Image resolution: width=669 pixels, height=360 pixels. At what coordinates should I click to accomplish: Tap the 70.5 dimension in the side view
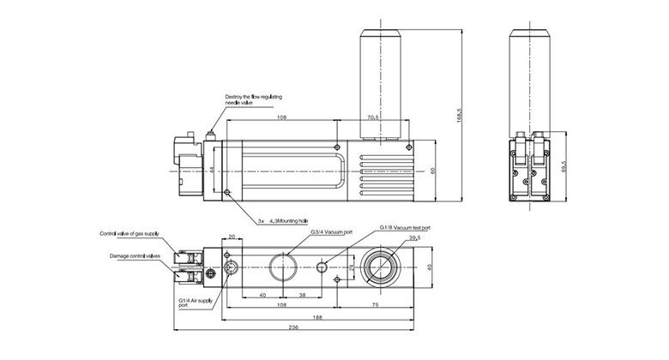pos(373,116)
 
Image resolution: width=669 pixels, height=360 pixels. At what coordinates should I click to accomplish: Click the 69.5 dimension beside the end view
pos(564,164)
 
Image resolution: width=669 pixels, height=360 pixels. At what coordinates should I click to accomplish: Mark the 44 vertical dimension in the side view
pos(210,170)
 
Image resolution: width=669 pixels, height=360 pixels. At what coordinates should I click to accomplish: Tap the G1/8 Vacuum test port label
pos(406,228)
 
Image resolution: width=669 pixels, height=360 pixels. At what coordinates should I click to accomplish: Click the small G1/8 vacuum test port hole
pos(322,267)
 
